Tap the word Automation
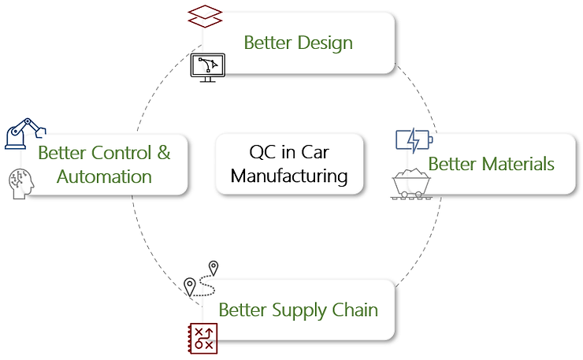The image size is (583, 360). tap(105, 176)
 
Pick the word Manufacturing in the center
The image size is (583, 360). tap(290, 175)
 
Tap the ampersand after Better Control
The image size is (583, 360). tap(164, 153)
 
